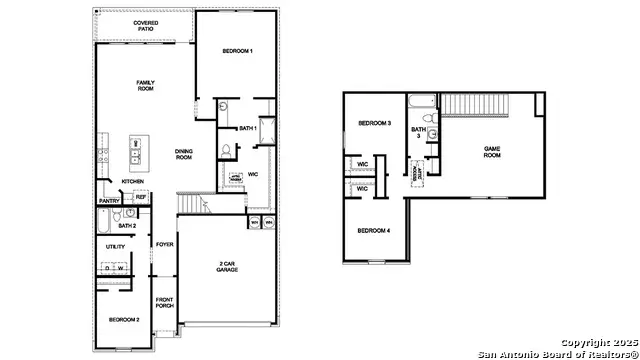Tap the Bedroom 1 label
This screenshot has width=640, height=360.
click(237, 51)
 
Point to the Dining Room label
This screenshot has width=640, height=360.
click(185, 154)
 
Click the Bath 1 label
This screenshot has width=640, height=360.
click(249, 128)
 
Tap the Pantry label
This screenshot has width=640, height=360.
click(110, 201)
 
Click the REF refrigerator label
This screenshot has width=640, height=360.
click(141, 198)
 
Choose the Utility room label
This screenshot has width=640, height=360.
click(116, 246)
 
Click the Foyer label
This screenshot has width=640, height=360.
click(164, 244)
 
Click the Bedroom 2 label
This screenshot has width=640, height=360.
click(124, 319)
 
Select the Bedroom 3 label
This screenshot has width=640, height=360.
click(374, 123)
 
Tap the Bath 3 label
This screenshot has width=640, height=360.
click(419, 132)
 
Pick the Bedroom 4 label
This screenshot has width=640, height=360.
click(373, 231)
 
